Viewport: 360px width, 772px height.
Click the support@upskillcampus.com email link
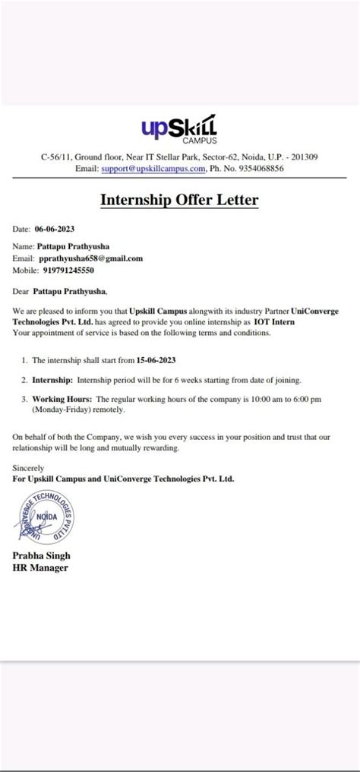(x=134, y=169)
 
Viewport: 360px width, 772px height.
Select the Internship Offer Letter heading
(x=179, y=201)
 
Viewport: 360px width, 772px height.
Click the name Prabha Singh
(x=42, y=557)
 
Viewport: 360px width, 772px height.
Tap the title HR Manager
(x=41, y=568)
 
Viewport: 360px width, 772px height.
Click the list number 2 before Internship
(x=24, y=379)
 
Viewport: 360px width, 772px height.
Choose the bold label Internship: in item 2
(x=52, y=379)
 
